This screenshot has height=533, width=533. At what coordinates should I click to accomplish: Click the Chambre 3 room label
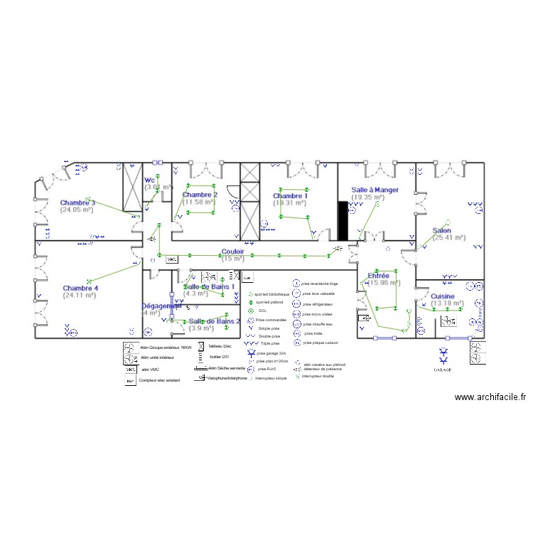click(77, 203)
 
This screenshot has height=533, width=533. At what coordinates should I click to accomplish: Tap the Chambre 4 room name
click(80, 288)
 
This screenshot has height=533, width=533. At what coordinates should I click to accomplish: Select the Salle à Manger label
click(375, 190)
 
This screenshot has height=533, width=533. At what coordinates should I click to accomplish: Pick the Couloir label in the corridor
click(233, 252)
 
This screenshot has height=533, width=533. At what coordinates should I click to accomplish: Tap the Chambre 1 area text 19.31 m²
click(290, 203)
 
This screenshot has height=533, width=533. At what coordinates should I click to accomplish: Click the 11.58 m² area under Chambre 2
click(198, 202)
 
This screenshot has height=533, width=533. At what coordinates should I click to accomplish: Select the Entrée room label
click(378, 275)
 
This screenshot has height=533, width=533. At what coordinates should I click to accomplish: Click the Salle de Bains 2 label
click(214, 321)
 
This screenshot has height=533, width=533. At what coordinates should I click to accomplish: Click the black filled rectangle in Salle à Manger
click(342, 220)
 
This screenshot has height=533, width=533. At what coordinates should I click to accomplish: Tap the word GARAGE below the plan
click(443, 370)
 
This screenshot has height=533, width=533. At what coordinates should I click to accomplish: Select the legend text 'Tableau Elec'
click(220, 346)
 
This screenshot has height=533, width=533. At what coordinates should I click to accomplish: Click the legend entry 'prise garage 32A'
click(271, 352)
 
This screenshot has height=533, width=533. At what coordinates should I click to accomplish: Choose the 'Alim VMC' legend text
click(150, 370)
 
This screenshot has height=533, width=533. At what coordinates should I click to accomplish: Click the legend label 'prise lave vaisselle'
click(318, 293)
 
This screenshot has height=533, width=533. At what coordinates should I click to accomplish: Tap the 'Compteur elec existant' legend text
click(160, 381)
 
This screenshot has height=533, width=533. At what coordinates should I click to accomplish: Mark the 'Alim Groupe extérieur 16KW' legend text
click(166, 347)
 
